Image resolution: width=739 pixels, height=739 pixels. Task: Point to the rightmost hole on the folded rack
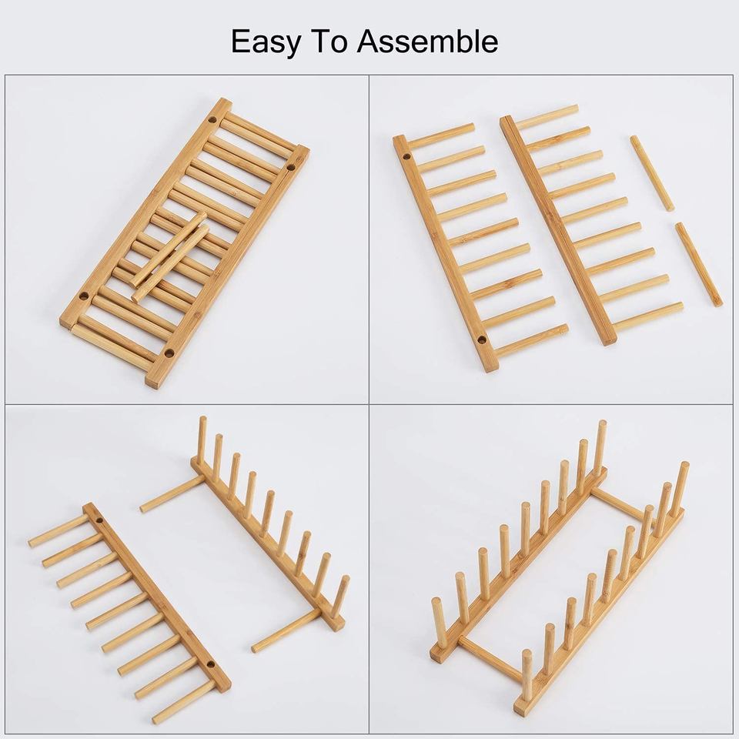[293, 166]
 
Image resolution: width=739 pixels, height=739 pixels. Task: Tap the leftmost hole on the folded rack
[83, 296]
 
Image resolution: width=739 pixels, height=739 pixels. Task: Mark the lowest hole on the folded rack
[169, 353]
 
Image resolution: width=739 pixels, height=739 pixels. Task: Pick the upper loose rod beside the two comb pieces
[652, 173]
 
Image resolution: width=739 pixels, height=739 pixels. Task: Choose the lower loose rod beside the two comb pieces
[699, 264]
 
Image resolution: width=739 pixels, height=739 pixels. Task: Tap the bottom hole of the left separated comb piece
[481, 339]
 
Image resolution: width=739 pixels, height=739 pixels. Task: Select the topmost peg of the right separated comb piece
[547, 117]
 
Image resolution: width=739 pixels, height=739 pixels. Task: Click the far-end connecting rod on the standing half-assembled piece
[173, 493]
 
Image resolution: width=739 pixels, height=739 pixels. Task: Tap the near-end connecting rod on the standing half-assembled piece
[286, 630]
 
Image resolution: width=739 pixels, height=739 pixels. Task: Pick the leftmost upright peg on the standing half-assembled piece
[202, 440]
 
